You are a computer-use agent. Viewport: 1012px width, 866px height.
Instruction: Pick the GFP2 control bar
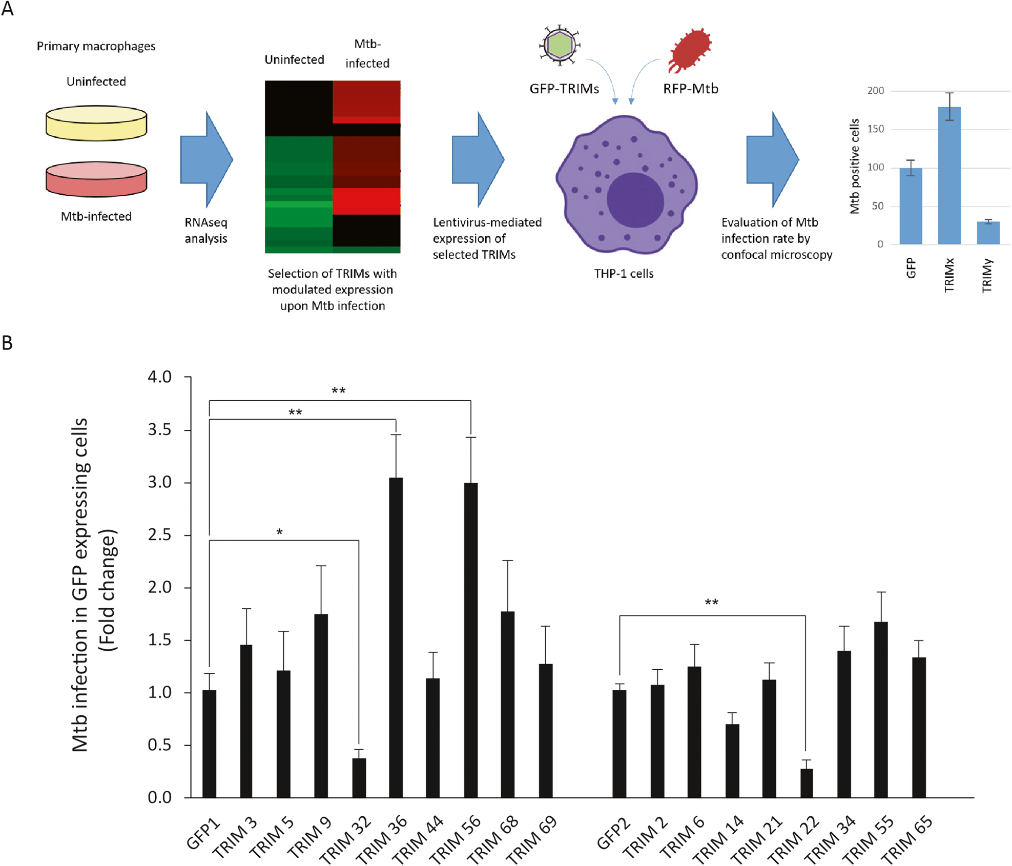pos(619,744)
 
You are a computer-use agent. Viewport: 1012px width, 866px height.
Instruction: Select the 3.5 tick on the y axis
pos(160,429)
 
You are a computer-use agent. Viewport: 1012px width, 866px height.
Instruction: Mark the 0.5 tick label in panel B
pos(160,745)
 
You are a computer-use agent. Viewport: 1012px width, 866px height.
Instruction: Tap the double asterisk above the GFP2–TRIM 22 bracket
pos(711,603)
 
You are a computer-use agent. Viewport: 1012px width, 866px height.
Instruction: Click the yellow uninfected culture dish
pos(96,123)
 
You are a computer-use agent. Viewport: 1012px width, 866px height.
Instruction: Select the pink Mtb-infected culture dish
pos(96,179)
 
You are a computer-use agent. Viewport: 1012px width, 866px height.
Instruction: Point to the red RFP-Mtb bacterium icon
pos(690,50)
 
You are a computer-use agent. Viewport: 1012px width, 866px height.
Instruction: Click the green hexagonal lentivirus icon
pos(560,45)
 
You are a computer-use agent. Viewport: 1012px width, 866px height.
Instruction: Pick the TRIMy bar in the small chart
pos(988,233)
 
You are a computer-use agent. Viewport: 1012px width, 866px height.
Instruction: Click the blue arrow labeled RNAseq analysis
pos(206,159)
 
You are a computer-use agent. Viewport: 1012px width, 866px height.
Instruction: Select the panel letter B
pos(7,343)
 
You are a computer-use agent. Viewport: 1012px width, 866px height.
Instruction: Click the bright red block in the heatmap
pos(366,201)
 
